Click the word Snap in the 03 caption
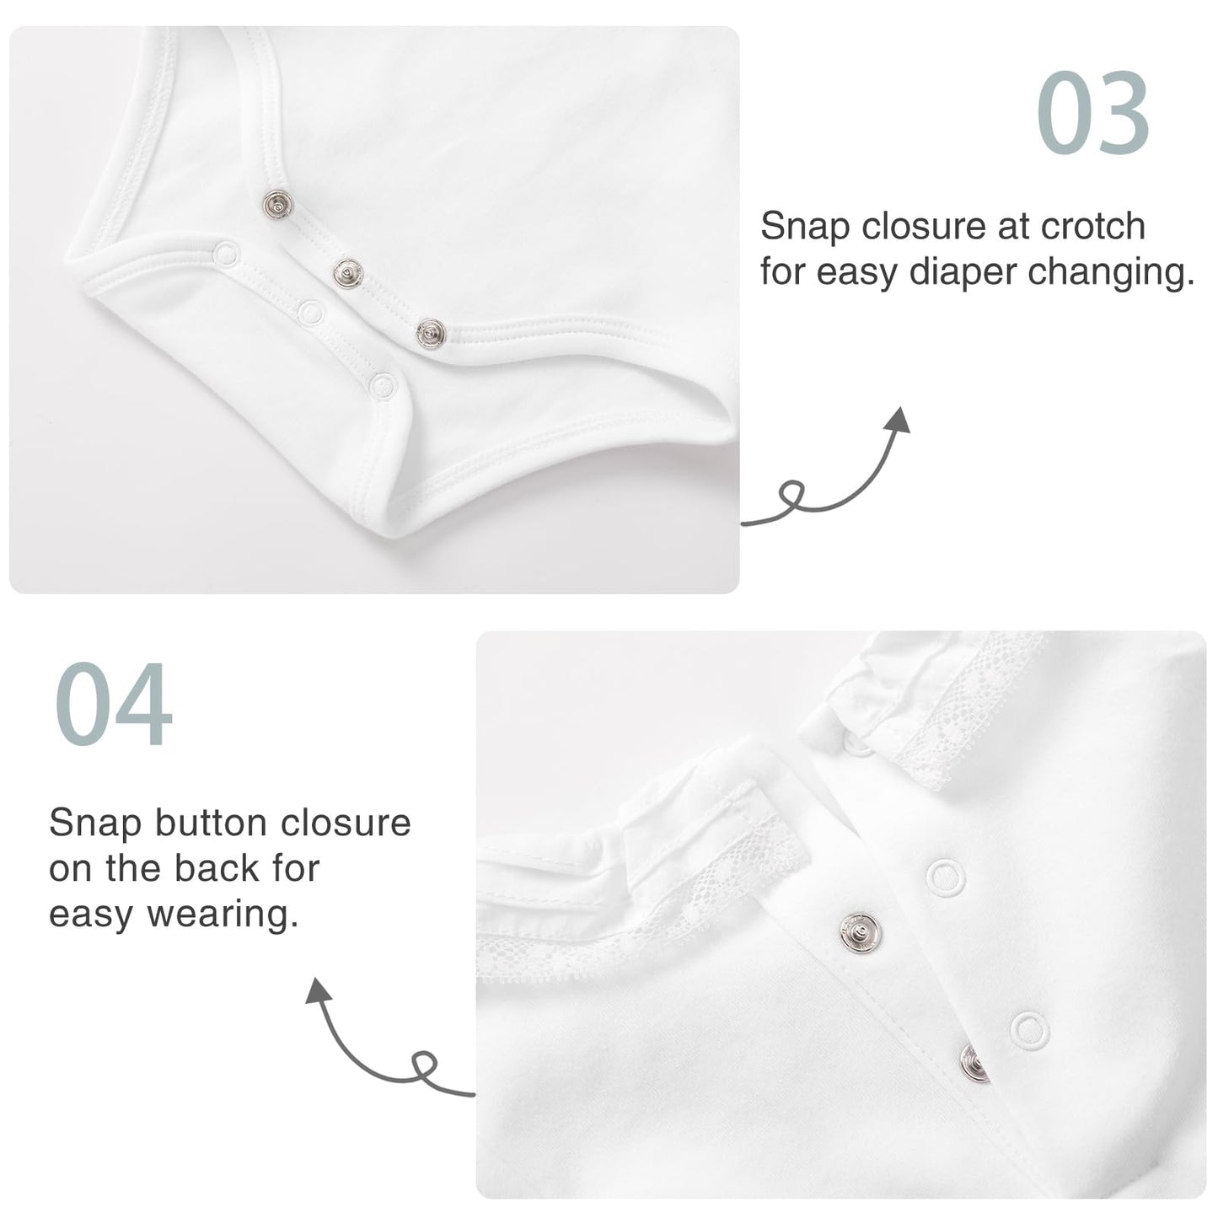coord(804,228)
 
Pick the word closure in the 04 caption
coord(346,823)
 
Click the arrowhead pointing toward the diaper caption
coord(899,421)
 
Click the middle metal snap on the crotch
coord(347,273)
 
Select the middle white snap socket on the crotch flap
coord(311,312)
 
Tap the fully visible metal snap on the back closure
coord(859,932)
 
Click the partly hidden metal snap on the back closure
coord(974,1063)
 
